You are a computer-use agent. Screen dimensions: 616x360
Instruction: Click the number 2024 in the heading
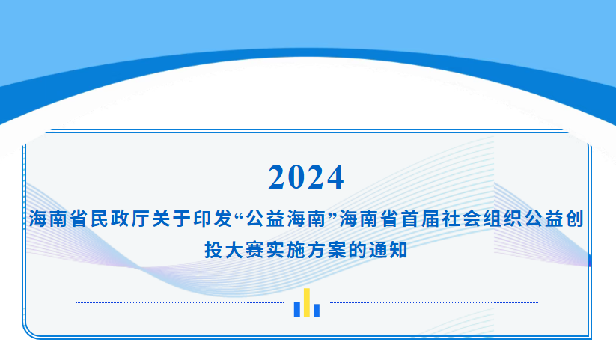pos(306,177)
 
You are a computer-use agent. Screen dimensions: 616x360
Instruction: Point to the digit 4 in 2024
pos(335,177)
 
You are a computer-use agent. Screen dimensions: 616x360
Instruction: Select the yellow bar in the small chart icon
pos(307,302)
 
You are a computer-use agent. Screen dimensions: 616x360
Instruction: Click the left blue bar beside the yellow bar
pos(297,309)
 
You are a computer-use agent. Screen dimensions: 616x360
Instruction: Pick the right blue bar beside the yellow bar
pos(317,310)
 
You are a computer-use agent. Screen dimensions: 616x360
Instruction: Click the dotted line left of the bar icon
pos(180,302)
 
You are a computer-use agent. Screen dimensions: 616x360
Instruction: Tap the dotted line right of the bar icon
pos(434,302)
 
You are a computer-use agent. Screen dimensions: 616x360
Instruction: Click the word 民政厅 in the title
pos(120,219)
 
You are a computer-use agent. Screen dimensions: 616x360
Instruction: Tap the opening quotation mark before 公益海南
pos(240,214)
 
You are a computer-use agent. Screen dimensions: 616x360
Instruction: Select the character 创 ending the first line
pos(574,219)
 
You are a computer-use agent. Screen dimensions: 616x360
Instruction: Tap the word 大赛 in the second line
pos(245,250)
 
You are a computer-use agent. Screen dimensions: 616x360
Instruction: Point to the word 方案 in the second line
pos(327,250)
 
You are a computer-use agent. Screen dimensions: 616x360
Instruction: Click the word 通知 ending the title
pos(388,250)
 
